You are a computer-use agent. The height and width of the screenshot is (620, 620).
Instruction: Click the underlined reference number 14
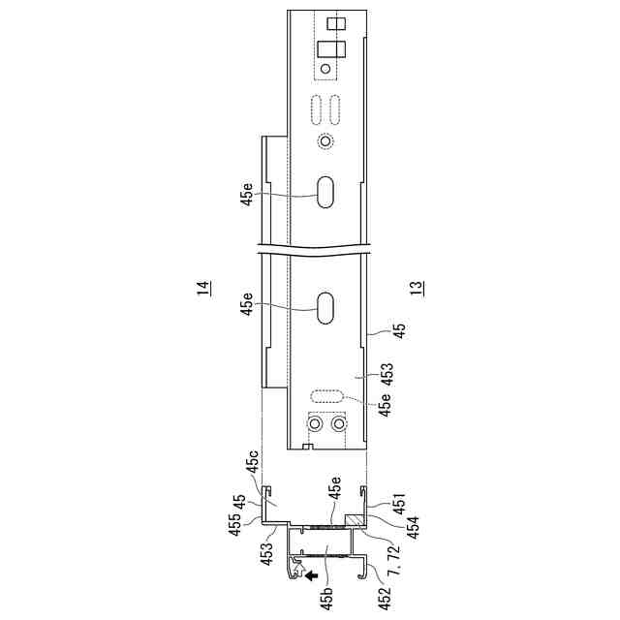coord(203,288)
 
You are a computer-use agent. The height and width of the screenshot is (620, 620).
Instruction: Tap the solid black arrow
coord(312,575)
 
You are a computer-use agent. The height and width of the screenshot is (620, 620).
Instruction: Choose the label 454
coord(414,524)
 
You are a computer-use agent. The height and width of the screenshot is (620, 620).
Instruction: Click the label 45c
coord(253,461)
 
